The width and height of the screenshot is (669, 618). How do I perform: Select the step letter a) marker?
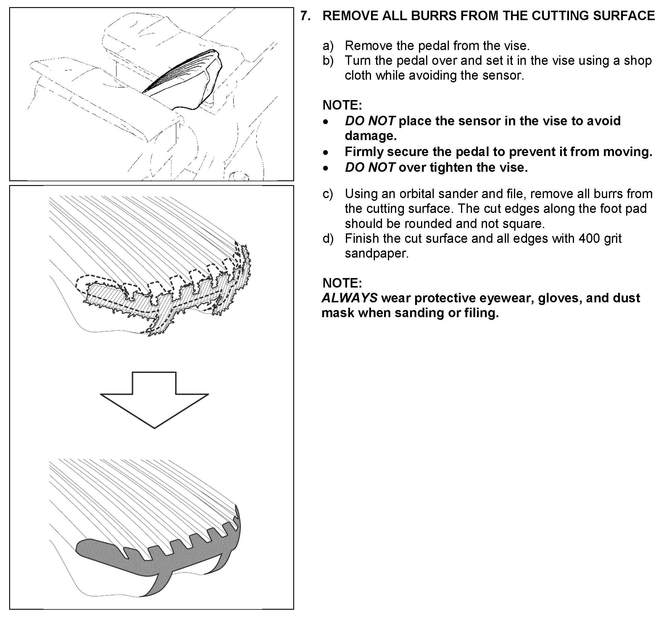coord(328,46)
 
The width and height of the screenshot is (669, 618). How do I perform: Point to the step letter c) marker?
coord(328,194)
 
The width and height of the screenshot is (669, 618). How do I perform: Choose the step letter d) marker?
coord(328,238)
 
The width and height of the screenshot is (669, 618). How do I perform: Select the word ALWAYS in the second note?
coord(349,298)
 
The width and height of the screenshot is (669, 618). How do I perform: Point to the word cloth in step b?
coord(358,76)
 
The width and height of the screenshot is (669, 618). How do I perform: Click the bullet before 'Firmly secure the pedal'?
coord(325,153)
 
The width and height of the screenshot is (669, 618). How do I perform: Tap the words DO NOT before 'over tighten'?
coord(370,168)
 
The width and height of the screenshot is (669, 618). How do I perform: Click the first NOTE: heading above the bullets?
coord(342,105)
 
